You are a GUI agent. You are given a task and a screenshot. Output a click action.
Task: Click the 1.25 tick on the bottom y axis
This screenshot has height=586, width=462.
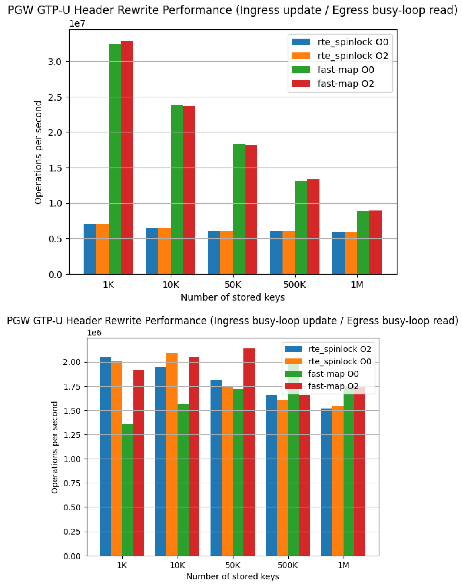click(x=72, y=435)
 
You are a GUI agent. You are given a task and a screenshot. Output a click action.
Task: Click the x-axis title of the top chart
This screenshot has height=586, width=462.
click(x=233, y=297)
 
